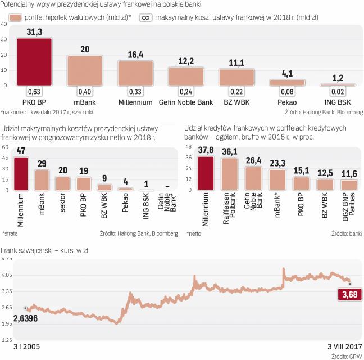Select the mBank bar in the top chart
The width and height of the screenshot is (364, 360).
[x=84, y=70]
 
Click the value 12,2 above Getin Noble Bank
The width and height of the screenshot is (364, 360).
[x=186, y=61]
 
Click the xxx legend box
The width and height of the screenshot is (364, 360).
[x=145, y=18]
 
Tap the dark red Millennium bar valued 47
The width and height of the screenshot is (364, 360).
[x=21, y=173]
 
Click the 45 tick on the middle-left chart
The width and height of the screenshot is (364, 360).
[x=6, y=157]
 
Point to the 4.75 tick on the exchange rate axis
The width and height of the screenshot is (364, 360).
[x=7, y=259]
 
